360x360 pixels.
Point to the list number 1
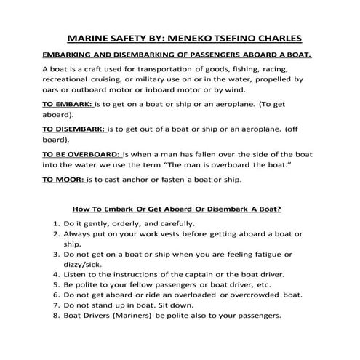pyautogui.click(x=57, y=223)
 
